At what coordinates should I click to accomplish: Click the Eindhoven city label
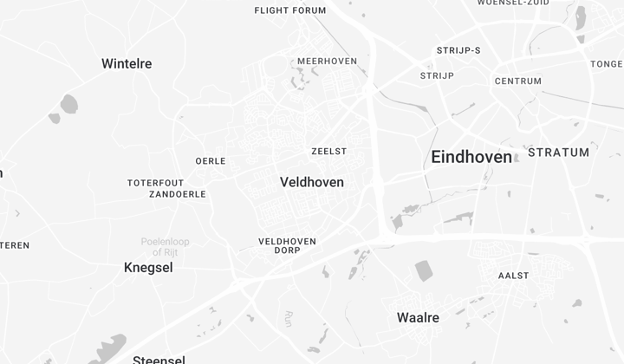pyautogui.click(x=471, y=157)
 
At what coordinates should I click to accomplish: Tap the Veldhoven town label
pyautogui.click(x=312, y=182)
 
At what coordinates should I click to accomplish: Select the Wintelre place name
pyautogui.click(x=127, y=63)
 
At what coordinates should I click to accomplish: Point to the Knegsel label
pyautogui.click(x=148, y=268)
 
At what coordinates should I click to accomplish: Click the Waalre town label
pyautogui.click(x=418, y=317)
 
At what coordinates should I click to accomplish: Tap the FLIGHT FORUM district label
pyautogui.click(x=290, y=10)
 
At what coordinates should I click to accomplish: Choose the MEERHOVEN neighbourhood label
pyautogui.click(x=328, y=61)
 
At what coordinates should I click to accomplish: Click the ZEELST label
pyautogui.click(x=329, y=151)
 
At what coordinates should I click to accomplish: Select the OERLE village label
pyautogui.click(x=211, y=161)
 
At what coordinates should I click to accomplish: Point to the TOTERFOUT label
pyautogui.click(x=156, y=183)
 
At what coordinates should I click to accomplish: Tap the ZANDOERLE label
pyautogui.click(x=178, y=194)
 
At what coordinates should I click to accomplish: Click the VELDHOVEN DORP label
pyautogui.click(x=287, y=245)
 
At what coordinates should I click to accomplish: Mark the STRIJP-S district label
pyautogui.click(x=458, y=50)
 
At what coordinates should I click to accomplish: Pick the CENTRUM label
pyautogui.click(x=518, y=81)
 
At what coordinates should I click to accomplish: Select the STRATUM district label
pyautogui.click(x=558, y=153)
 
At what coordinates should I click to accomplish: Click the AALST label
pyautogui.click(x=513, y=276)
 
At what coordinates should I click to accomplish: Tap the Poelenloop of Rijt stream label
pyautogui.click(x=166, y=246)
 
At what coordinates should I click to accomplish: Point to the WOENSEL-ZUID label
pyautogui.click(x=512, y=3)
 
